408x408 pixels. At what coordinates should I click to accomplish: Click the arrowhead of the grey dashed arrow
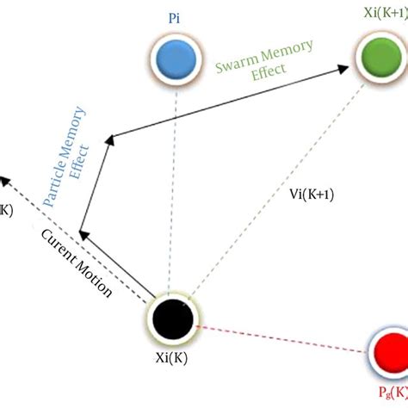pos(5,178)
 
